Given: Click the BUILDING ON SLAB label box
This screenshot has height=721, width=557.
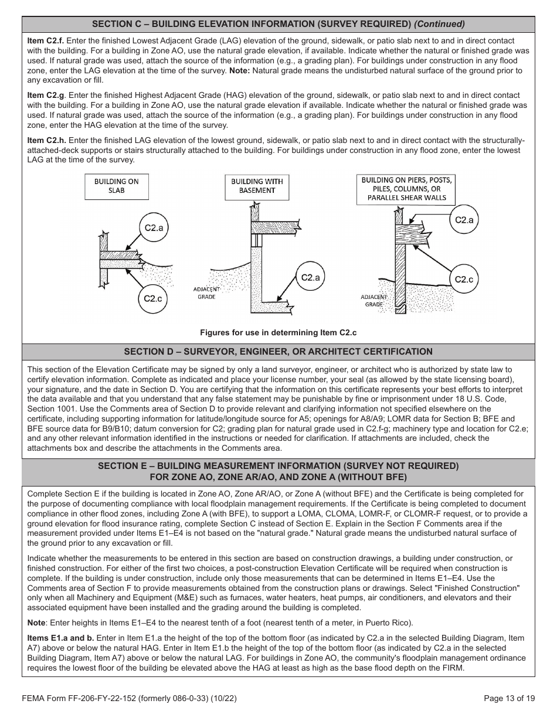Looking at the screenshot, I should point(117,186).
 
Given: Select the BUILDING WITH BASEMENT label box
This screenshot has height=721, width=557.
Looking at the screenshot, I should point(257,186).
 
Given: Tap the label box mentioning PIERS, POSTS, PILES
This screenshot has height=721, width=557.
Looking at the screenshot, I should point(406,189).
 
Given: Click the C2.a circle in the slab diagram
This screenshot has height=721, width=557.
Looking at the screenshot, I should point(154,228).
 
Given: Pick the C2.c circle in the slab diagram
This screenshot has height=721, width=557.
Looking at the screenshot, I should point(153,298).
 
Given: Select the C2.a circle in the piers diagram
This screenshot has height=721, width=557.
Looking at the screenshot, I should point(464,220).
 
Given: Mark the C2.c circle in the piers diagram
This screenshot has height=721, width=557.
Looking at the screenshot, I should point(464,279).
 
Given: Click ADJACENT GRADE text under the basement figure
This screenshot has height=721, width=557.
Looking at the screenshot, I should point(206,293).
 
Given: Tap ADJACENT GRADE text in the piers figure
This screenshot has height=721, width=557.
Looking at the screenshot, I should point(374,301).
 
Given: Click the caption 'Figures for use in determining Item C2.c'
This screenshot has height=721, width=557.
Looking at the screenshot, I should point(278,332).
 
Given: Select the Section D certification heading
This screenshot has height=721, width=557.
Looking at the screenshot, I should point(278,352).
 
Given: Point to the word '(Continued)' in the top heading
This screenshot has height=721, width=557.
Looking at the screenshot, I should point(440,24).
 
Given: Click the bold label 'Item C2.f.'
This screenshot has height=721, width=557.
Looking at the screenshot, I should point(46,41).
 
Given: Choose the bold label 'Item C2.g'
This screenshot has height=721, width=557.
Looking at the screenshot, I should point(46,95).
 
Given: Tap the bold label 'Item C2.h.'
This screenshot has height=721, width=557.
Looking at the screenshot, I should point(46,140).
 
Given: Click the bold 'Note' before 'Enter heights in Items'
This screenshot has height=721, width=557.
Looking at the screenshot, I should point(37,623).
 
